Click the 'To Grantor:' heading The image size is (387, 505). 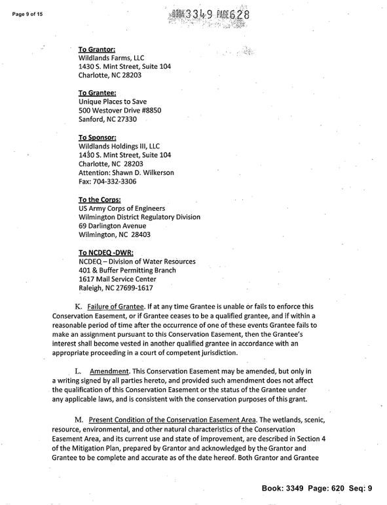pyautogui.click(x=97, y=49)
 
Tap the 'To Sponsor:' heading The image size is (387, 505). pyautogui.click(x=97, y=138)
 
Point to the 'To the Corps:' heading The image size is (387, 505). pyautogui.click(x=100, y=199)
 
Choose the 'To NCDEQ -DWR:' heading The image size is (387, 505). pyautogui.click(x=107, y=252)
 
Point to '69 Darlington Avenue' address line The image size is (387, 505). pyautogui.click(x=117, y=225)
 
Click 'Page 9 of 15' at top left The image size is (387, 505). pyautogui.click(x=22, y=14)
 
